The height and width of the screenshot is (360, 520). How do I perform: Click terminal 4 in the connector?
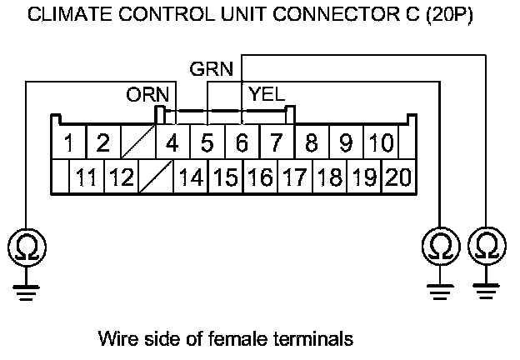click(172, 143)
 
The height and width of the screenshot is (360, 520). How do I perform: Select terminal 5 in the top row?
click(207, 143)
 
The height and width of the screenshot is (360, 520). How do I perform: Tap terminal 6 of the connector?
click(242, 143)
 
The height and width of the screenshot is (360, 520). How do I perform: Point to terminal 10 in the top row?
click(380, 143)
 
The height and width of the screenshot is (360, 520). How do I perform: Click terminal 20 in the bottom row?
click(398, 177)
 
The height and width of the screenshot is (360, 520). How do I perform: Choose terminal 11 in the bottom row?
click(86, 177)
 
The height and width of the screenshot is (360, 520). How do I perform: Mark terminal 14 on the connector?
click(191, 177)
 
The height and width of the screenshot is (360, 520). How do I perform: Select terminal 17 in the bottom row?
click(294, 177)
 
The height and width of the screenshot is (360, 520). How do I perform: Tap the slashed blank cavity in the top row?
click(137, 143)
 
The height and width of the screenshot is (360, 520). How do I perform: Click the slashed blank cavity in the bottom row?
click(155, 177)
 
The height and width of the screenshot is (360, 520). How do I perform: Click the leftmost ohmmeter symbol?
click(26, 247)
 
